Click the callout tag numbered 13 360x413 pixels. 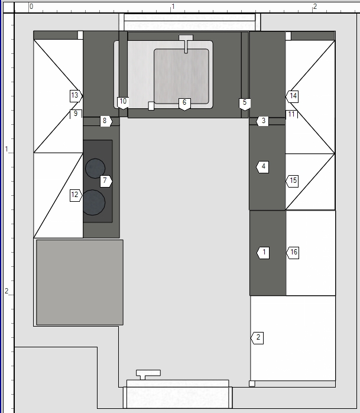76,96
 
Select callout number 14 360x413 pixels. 292,96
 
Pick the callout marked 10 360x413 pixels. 123,103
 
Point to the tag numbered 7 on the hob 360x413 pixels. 106,181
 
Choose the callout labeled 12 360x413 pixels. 76,195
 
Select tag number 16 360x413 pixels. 293,253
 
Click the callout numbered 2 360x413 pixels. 257,338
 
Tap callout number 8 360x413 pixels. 106,121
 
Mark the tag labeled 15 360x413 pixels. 292,181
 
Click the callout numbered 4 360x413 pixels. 262,167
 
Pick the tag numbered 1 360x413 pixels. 263,253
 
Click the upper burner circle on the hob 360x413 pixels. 95,168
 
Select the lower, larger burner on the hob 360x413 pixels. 93,202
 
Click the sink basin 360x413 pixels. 181,76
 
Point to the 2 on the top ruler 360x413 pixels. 314,7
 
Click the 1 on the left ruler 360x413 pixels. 7,149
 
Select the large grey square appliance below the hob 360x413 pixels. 80,282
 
